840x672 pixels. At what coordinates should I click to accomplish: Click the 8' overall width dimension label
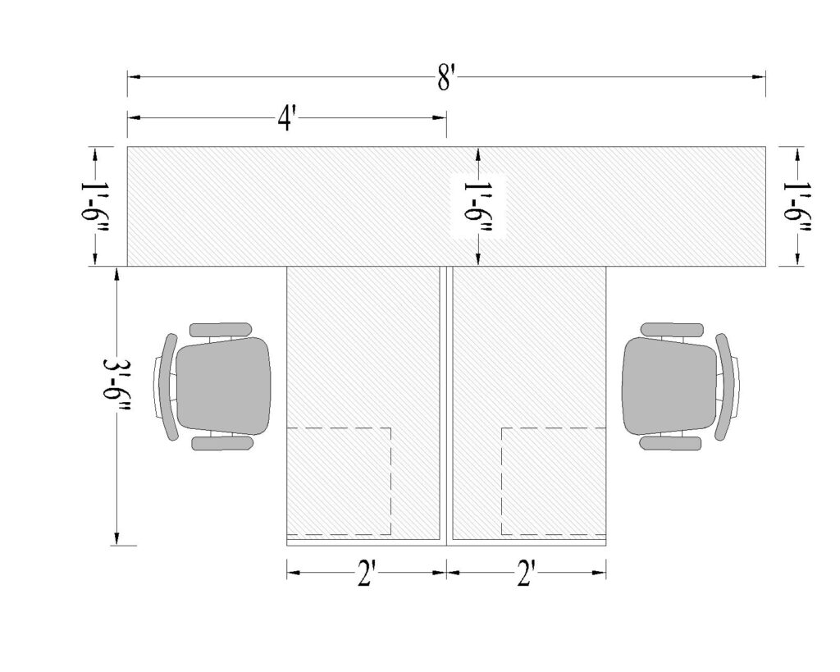click(x=445, y=78)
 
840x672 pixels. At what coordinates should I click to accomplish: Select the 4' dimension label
click(x=285, y=120)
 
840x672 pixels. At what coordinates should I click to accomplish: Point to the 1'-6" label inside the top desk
click(x=477, y=206)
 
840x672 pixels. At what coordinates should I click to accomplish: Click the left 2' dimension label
click(x=366, y=574)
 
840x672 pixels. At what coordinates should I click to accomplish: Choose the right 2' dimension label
click(x=526, y=574)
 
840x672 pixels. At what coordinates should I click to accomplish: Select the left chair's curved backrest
click(x=169, y=386)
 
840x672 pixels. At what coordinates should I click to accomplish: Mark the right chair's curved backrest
click(x=724, y=386)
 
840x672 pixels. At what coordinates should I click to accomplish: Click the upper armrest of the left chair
click(x=221, y=329)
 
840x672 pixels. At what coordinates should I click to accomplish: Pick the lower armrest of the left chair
click(x=221, y=443)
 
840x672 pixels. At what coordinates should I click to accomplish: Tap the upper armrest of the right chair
click(x=671, y=329)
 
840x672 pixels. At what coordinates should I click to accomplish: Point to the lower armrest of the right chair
click(x=670, y=443)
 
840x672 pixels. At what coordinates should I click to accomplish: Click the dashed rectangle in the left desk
click(x=338, y=481)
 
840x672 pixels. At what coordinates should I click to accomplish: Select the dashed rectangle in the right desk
click(x=553, y=481)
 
